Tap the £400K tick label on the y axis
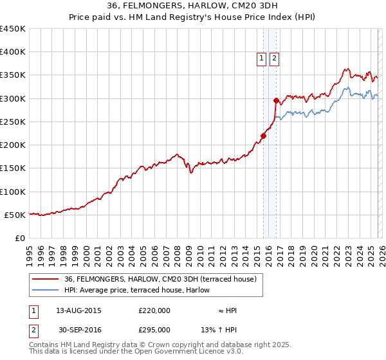point(13,52)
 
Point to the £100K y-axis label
point(13,192)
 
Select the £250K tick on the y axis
point(13,122)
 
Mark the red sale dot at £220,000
point(263,136)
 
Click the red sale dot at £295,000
point(276,101)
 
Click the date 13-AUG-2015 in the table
point(78,310)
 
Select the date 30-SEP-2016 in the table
point(78,329)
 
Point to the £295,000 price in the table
point(154,329)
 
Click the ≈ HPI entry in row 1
point(227,310)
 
